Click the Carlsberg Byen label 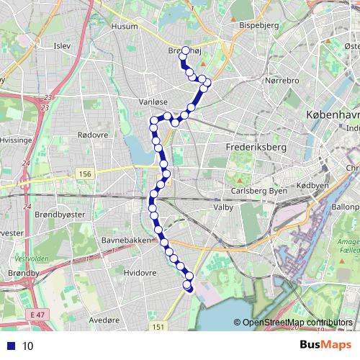click(x=258, y=191)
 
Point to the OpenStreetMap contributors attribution click(x=297, y=323)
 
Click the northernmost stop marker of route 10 click(x=185, y=50)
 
